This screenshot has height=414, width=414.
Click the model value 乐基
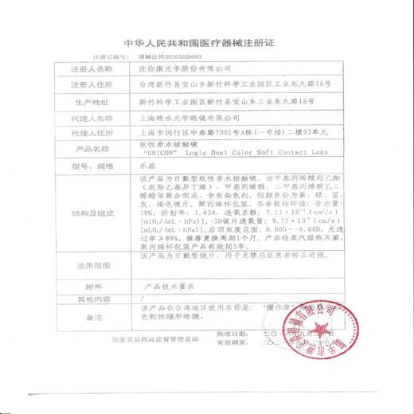click(x=148, y=166)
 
